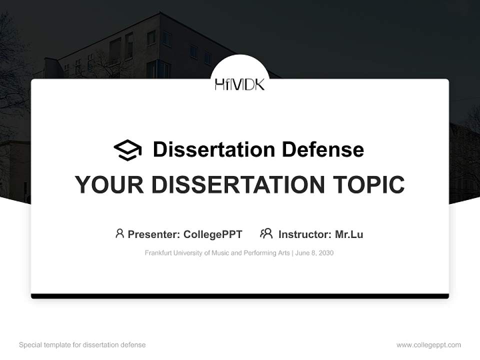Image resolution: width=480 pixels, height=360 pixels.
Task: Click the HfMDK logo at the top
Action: (x=239, y=84)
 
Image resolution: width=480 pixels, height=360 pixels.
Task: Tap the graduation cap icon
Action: (x=127, y=150)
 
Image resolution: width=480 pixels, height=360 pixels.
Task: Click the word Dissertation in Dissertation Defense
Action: (x=213, y=149)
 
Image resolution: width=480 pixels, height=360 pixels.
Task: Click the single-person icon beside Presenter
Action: (x=119, y=233)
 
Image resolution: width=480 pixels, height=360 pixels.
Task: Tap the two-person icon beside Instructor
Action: (x=266, y=233)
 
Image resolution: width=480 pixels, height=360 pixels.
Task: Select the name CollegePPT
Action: (x=213, y=234)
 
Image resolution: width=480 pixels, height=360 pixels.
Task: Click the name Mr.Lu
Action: (x=349, y=234)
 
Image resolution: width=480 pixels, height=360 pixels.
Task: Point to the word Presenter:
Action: (x=154, y=234)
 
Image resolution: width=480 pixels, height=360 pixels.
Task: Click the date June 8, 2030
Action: (x=314, y=253)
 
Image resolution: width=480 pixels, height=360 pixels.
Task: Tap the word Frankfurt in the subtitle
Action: (x=158, y=253)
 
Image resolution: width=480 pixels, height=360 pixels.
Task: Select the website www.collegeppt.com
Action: (x=428, y=345)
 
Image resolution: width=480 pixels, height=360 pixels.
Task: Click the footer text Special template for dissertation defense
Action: (x=82, y=345)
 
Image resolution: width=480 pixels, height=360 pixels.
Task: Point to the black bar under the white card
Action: (x=240, y=296)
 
